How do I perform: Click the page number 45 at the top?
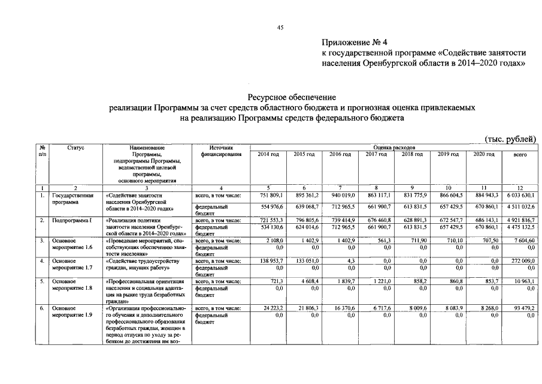point(280,28)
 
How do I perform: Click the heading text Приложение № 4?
point(355,42)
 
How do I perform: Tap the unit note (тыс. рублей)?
point(510,139)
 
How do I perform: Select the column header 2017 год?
point(376,155)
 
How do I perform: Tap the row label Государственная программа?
point(72,199)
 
